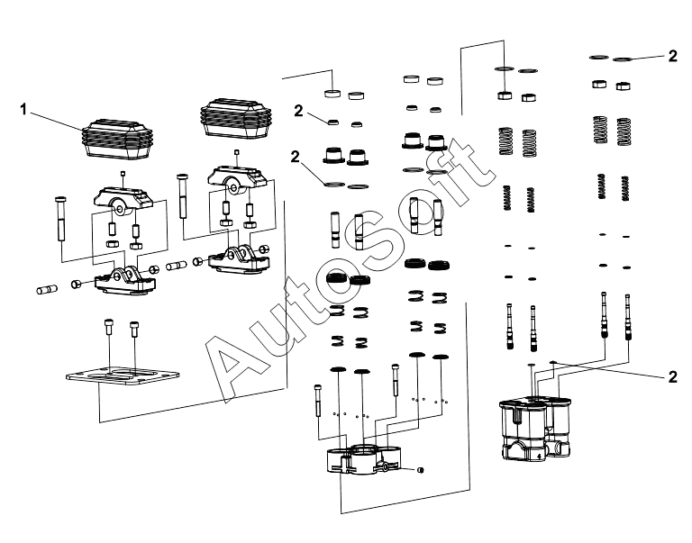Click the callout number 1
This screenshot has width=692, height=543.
click(x=23, y=109)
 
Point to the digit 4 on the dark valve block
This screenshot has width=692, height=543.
click(x=539, y=456)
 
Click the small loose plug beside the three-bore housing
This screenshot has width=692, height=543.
click(x=420, y=470)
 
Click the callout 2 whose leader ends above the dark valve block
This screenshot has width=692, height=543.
click(x=672, y=377)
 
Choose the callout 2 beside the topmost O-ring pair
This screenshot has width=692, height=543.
click(x=672, y=56)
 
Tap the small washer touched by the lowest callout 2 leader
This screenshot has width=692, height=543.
click(x=553, y=362)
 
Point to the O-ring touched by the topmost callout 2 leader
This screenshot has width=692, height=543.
click(x=623, y=59)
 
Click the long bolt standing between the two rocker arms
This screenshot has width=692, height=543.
click(x=183, y=196)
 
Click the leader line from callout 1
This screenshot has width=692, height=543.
click(x=56, y=122)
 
